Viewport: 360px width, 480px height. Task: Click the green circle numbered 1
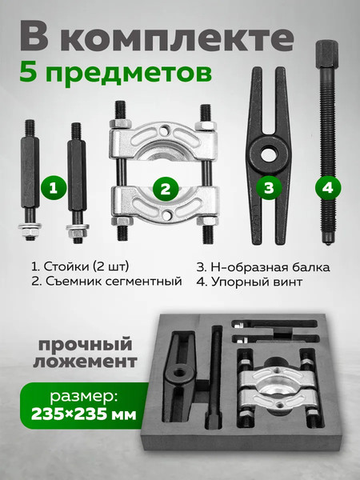53,189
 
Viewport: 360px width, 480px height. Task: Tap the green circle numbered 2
166,190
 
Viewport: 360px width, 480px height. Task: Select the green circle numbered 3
270,188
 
